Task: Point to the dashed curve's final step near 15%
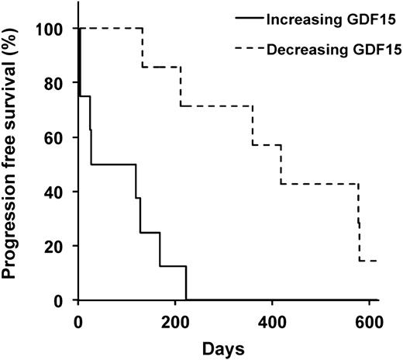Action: [367, 261]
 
